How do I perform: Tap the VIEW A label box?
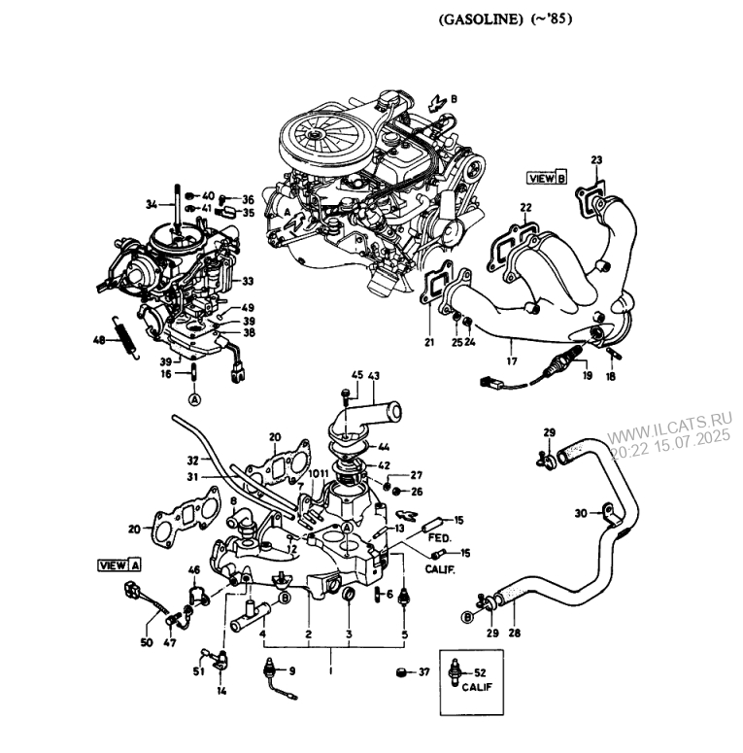pyautogui.click(x=119, y=565)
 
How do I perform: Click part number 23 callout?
pyautogui.click(x=595, y=160)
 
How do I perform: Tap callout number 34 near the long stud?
pyautogui.click(x=150, y=205)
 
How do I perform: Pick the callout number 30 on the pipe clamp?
pyautogui.click(x=581, y=513)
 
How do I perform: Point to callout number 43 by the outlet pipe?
pyautogui.click(x=374, y=375)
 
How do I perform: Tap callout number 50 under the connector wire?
pyautogui.click(x=147, y=642)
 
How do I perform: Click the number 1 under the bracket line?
pyautogui.click(x=330, y=669)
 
